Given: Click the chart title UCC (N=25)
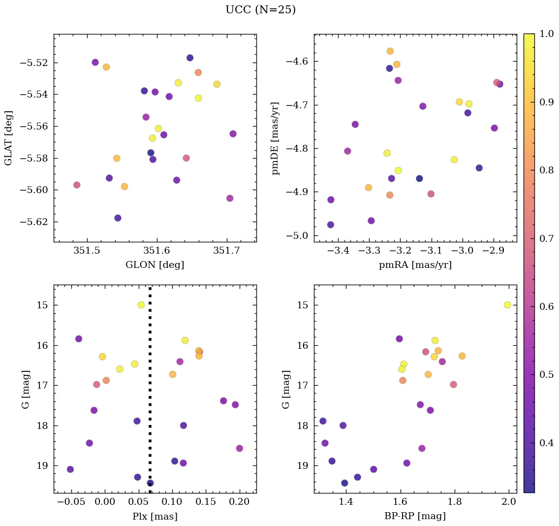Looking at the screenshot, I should (260, 10).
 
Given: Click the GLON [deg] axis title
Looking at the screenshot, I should (155, 265).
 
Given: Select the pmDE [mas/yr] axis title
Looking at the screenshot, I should (276, 138).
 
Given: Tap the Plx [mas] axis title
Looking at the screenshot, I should (155, 516).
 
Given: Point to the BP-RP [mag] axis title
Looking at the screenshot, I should (415, 516).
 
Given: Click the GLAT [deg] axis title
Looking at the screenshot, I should (8, 138).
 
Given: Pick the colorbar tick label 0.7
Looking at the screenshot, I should (543, 238).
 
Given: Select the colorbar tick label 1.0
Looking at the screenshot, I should (543, 34).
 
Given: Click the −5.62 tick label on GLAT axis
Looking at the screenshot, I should (35, 222).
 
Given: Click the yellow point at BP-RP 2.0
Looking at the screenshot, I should (507, 305).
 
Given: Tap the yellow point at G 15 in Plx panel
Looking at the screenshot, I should (141, 305).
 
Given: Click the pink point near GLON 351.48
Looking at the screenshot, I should (77, 185).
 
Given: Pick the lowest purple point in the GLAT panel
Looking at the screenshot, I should (118, 218).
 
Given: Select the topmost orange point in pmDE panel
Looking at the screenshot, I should (390, 51).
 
